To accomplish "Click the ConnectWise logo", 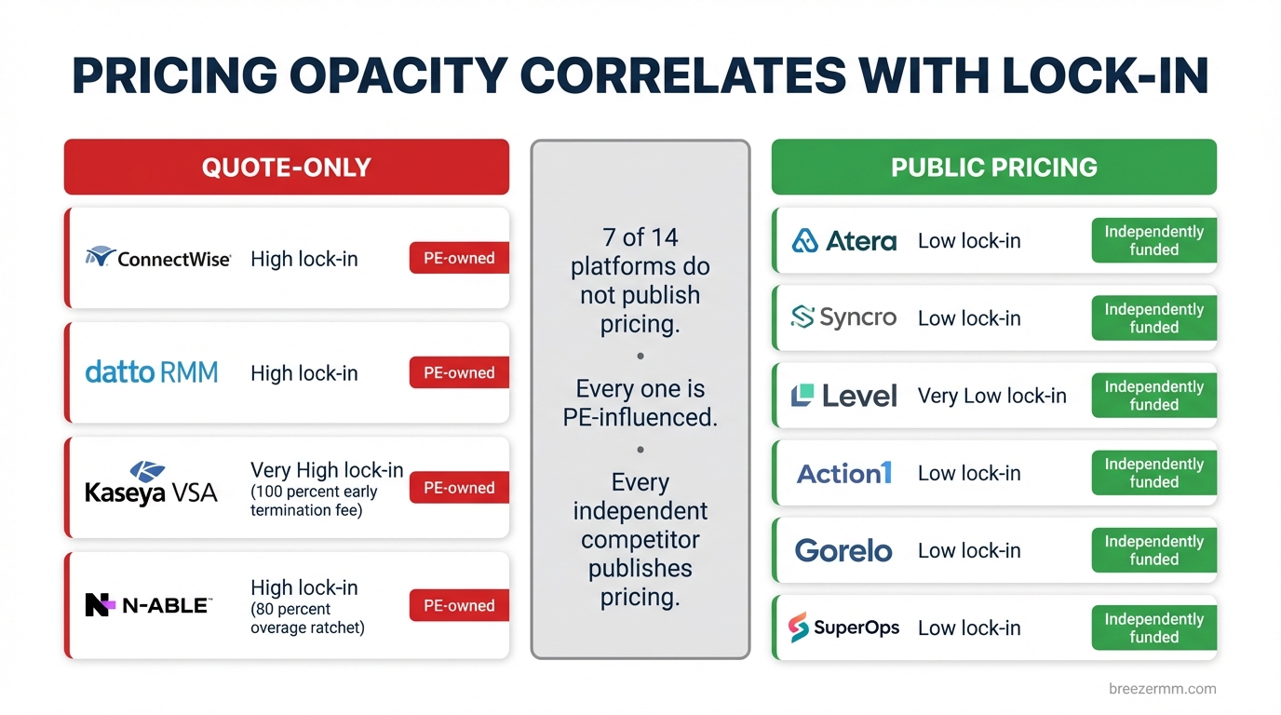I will click(157, 258).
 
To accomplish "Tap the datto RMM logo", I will click(152, 372).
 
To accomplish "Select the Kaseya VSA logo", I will click(151, 483).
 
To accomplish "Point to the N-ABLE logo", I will click(148, 605).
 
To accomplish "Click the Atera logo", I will click(843, 241).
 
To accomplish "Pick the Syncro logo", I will click(843, 317).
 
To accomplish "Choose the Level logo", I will click(843, 396).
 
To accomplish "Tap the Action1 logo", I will click(843, 473).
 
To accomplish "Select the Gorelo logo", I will click(843, 550).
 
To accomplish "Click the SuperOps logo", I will click(843, 627).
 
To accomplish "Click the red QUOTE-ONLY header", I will click(286, 168).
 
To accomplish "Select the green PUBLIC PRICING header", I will click(993, 168).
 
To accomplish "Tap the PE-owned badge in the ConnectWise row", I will click(459, 258).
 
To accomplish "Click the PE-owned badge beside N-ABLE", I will click(459, 605).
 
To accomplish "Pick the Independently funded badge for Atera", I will click(1153, 240).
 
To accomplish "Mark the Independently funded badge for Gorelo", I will click(1153, 550).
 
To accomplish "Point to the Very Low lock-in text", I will click(991, 396).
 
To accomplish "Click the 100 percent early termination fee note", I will click(314, 501).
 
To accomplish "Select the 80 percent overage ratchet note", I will click(307, 618).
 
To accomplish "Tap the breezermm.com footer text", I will click(1162, 689).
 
